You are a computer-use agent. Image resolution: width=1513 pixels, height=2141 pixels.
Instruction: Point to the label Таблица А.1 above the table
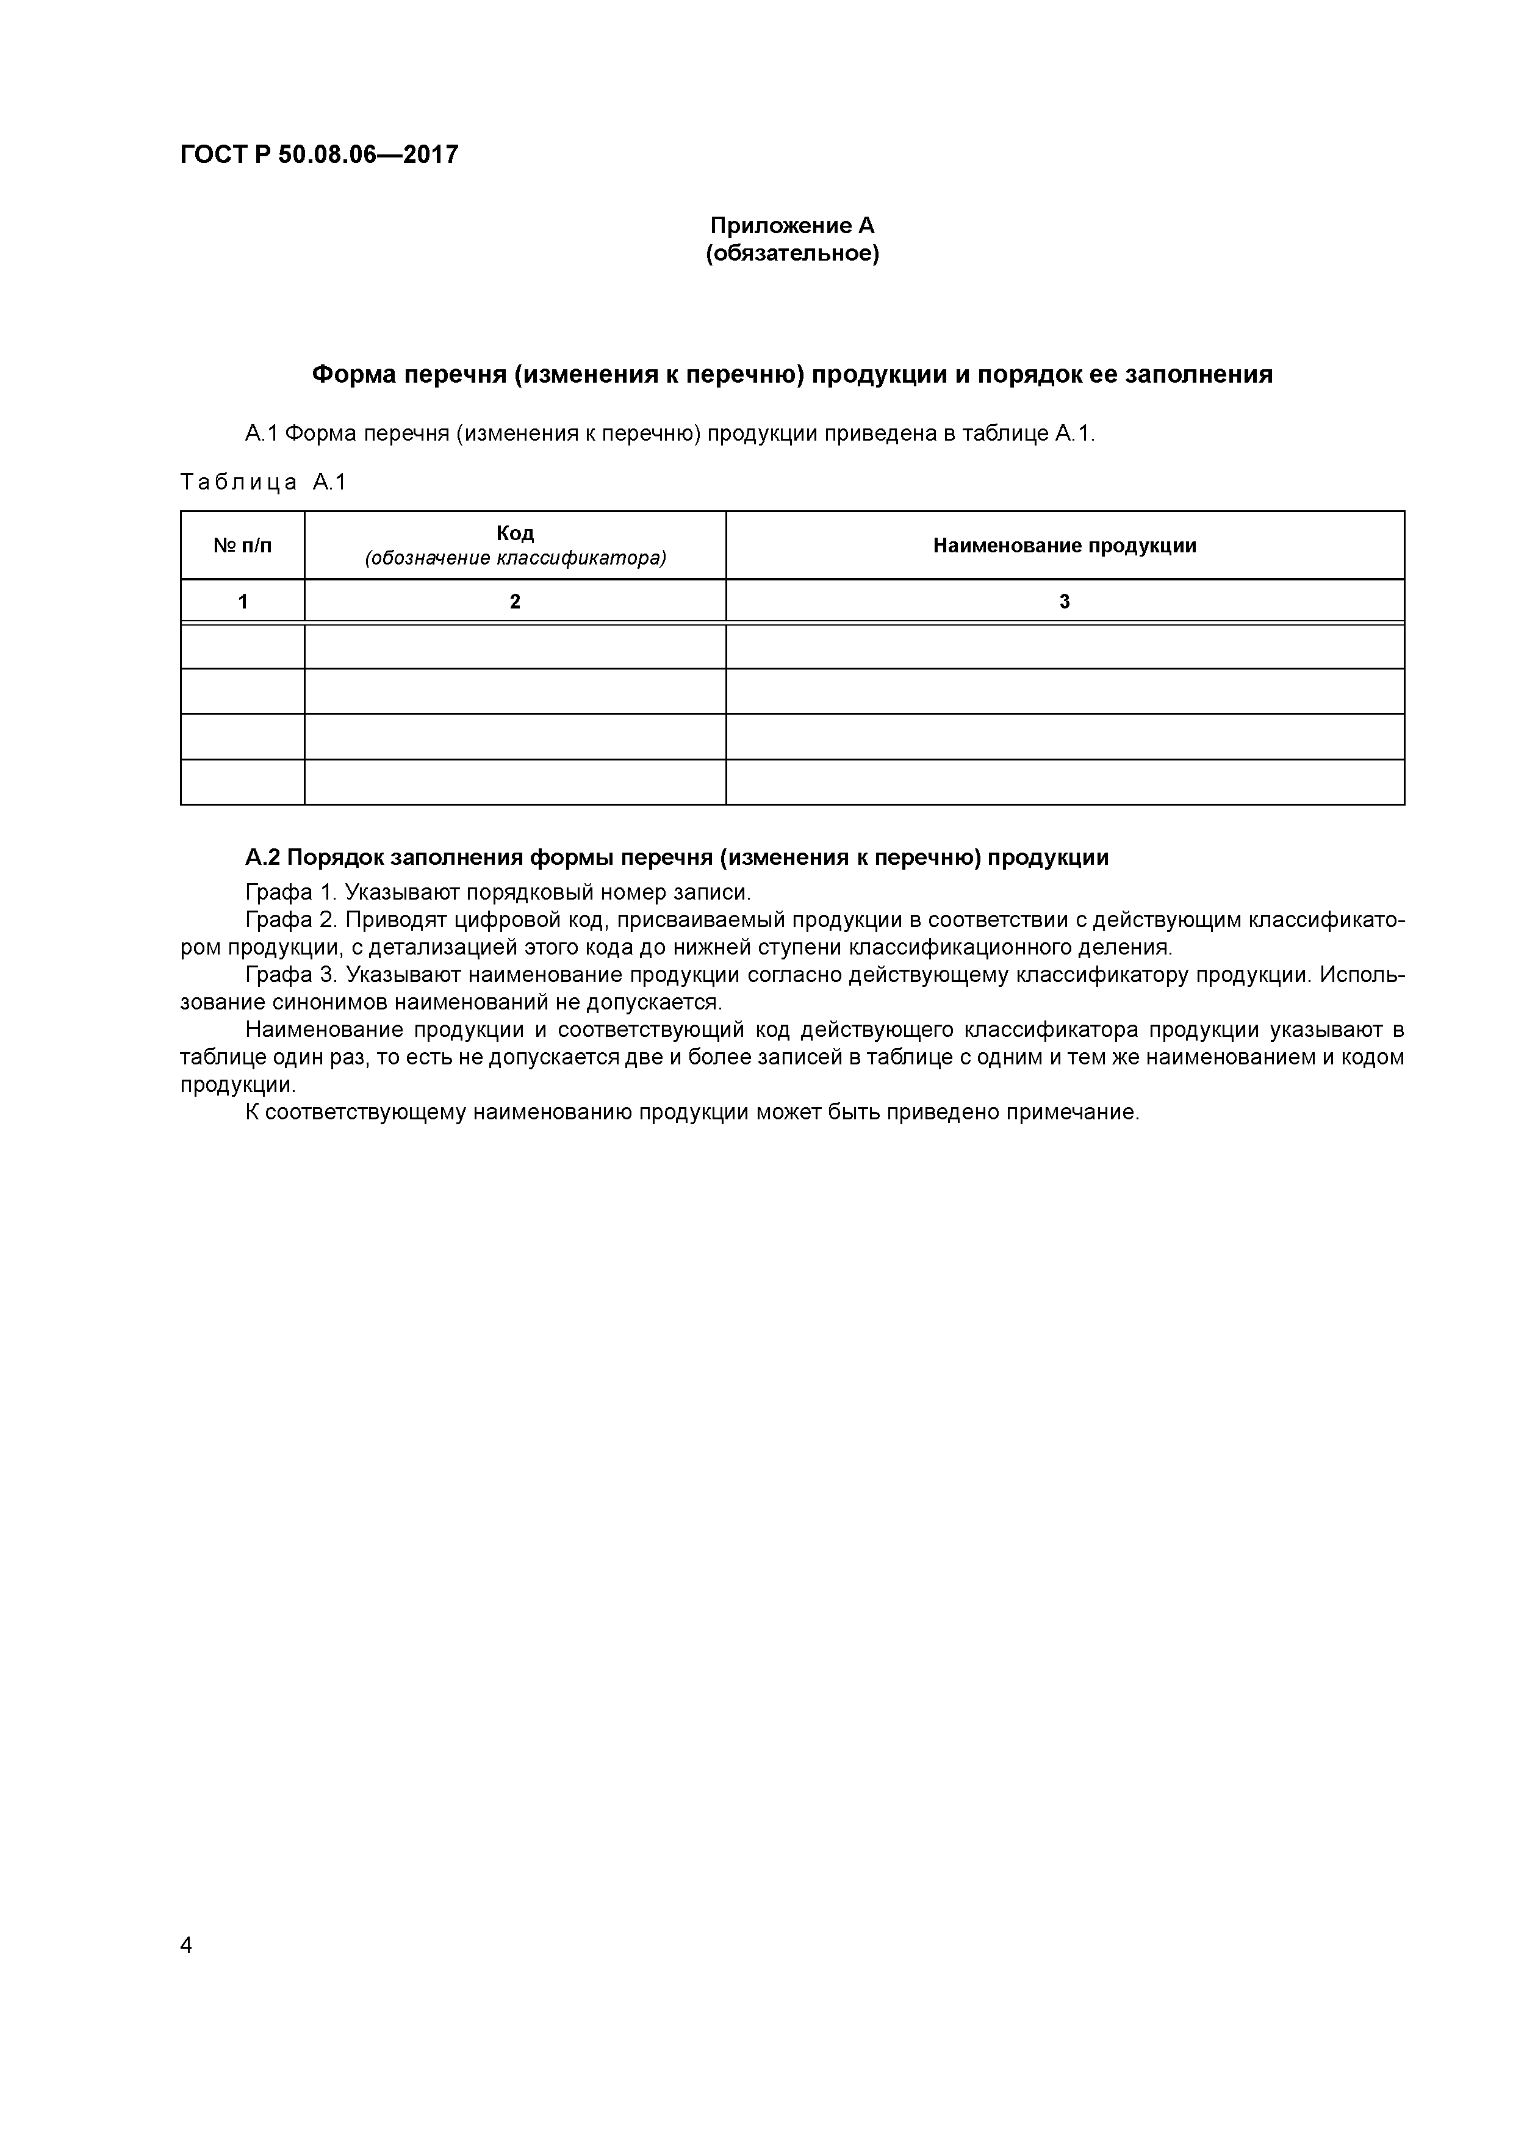tap(263, 482)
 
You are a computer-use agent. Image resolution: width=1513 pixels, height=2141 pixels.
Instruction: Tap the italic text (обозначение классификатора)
tap(514, 558)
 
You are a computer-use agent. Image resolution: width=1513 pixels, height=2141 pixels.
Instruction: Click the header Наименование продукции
tap(1065, 546)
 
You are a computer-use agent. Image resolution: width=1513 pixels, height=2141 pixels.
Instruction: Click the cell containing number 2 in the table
tap(514, 601)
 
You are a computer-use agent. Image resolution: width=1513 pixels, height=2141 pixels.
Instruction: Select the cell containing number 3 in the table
tap(1065, 601)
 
